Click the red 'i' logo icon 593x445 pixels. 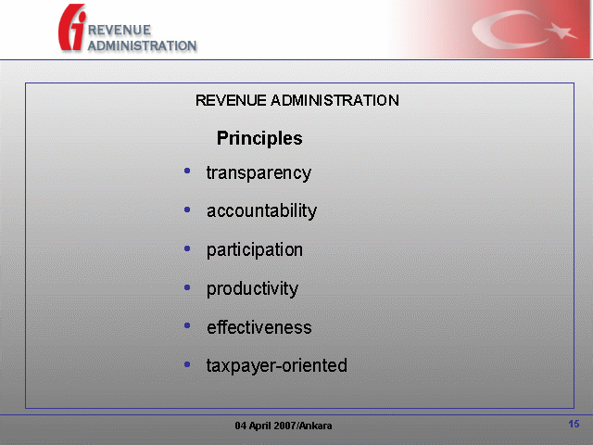pyautogui.click(x=72, y=27)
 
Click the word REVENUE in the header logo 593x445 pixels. pyautogui.click(x=120, y=30)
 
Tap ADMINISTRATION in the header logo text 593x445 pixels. pyautogui.click(x=142, y=45)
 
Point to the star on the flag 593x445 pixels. pyautogui.click(x=561, y=31)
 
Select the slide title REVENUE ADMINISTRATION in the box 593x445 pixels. pyautogui.click(x=296, y=100)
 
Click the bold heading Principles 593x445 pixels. pyautogui.click(x=259, y=138)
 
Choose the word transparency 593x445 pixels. pyautogui.click(x=259, y=173)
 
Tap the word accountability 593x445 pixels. pyautogui.click(x=261, y=210)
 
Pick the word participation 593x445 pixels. pyautogui.click(x=255, y=250)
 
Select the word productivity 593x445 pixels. pyautogui.click(x=252, y=289)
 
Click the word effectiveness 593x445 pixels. pyautogui.click(x=259, y=327)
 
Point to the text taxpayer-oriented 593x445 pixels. pyautogui.click(x=277, y=366)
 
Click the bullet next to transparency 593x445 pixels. pyautogui.click(x=187, y=171)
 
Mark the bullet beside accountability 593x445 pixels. pyautogui.click(x=187, y=210)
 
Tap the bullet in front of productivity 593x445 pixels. pyautogui.click(x=187, y=287)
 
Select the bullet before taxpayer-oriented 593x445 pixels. pyautogui.click(x=187, y=364)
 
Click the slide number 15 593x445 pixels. pyautogui.click(x=574, y=424)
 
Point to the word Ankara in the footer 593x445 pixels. pyautogui.click(x=317, y=426)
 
